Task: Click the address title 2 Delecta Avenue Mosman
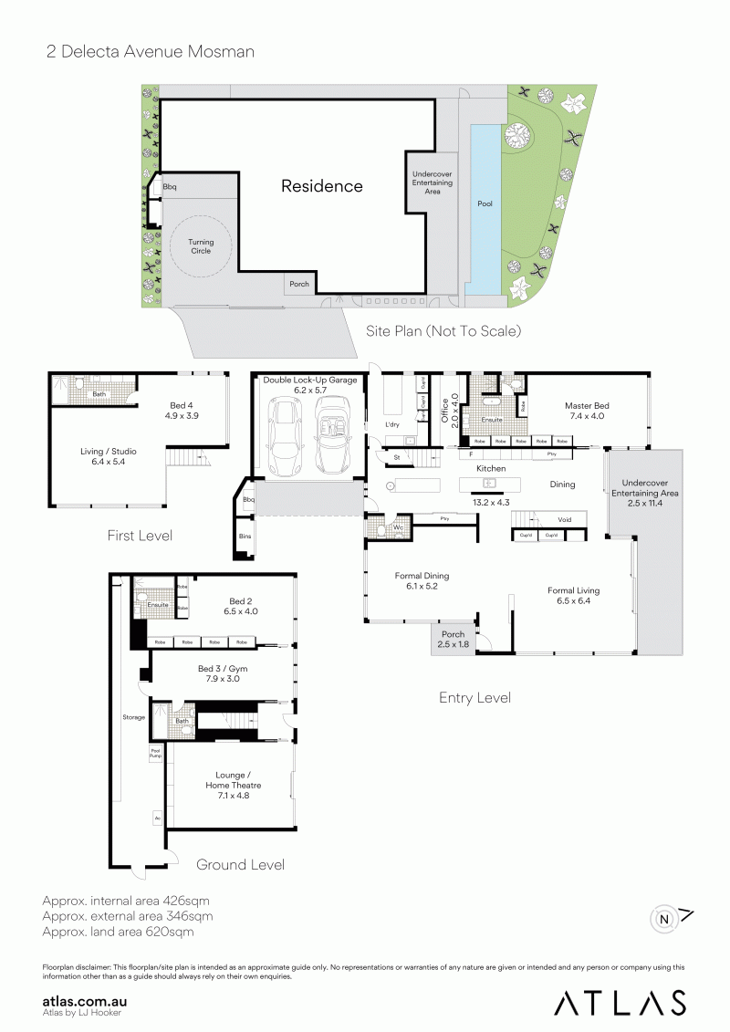coord(151,52)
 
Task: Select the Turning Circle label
coord(201,247)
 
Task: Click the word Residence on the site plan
coord(321,186)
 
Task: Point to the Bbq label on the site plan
coord(170,188)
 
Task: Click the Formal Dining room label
coord(422,581)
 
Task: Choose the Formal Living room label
coord(573,596)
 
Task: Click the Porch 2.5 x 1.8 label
coord(453,640)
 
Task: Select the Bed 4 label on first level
coord(182,410)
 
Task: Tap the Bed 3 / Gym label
coord(223,674)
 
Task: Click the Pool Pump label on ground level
coord(155,755)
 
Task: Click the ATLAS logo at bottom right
coord(620,1002)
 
